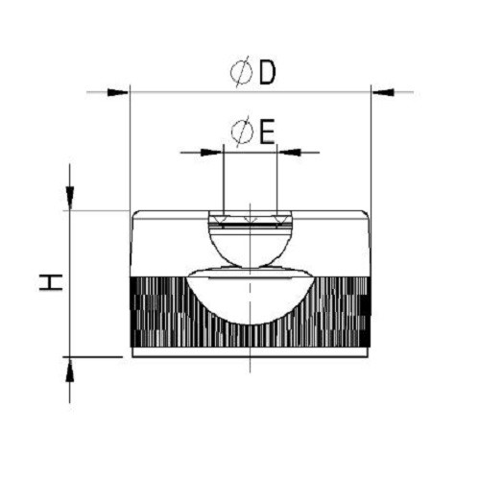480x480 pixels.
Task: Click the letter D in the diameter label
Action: (x=267, y=72)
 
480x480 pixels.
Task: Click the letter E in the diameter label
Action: (x=267, y=132)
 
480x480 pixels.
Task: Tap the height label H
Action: (x=51, y=282)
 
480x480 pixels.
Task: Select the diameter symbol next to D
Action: (x=241, y=72)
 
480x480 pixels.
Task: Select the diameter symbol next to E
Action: (x=242, y=132)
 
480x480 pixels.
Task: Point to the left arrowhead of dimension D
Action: (x=118, y=92)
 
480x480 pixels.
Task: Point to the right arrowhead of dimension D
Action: (x=383, y=92)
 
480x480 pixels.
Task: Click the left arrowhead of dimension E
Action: (x=211, y=153)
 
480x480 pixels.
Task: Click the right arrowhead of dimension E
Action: (x=290, y=153)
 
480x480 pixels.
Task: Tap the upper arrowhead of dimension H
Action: (x=70, y=198)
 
